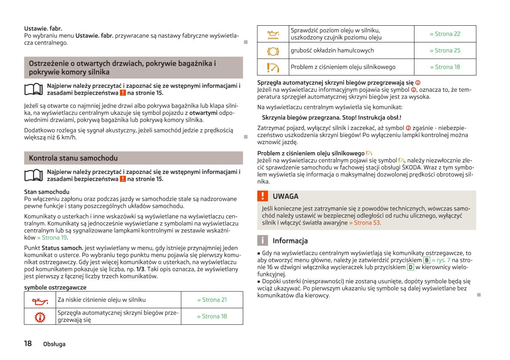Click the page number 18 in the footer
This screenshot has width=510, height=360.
[28, 343]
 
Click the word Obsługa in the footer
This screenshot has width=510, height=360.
[54, 344]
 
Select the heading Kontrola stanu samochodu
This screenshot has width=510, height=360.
[73, 158]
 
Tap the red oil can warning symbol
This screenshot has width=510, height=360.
[40, 300]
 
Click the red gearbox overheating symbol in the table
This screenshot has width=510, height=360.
[40, 316]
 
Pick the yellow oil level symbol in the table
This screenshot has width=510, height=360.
[273, 34]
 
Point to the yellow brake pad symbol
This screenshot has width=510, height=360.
[273, 51]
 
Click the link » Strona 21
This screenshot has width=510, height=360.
[212, 300]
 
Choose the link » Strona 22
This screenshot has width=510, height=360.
[445, 34]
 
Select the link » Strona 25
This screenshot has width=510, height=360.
[445, 51]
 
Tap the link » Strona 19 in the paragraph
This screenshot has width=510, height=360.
[52, 237]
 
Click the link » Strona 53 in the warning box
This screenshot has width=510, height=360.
[364, 223]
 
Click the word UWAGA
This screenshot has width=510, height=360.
[286, 196]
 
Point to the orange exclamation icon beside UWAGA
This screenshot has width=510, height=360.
[262, 196]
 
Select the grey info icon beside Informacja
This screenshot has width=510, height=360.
[262, 240]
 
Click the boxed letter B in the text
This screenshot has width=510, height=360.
[426, 260]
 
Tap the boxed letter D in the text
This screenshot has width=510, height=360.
[410, 267]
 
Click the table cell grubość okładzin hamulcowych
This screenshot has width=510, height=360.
[332, 51]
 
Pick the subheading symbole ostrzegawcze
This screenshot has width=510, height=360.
[55, 288]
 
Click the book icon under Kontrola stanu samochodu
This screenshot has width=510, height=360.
[34, 175]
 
